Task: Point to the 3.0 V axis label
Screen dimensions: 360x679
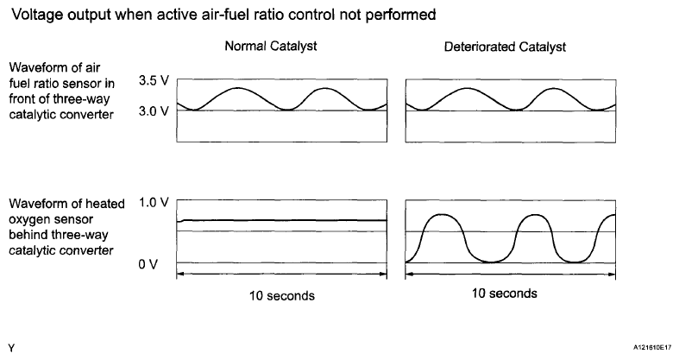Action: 152,111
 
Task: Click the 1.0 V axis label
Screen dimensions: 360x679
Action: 152,204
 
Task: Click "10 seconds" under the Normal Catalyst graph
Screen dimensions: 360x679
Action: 280,295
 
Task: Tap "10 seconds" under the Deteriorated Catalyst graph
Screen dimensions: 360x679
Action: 505,294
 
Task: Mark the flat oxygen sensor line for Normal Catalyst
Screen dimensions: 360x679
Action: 280,220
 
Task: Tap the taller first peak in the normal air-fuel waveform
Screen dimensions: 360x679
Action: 238,87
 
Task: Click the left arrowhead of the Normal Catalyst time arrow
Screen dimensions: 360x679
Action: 179,275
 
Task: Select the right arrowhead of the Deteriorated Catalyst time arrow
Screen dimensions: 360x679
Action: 612,275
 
